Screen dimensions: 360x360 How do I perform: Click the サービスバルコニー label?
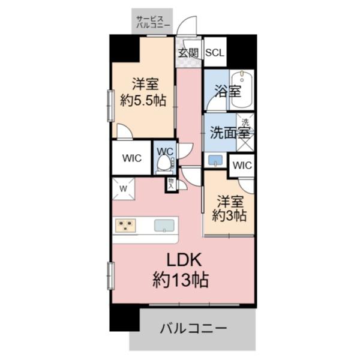click(x=153, y=22)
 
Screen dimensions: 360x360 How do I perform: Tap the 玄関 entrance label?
click(x=188, y=52)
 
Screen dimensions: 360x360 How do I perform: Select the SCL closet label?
click(x=214, y=52)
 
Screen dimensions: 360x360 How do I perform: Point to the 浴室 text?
click(x=228, y=92)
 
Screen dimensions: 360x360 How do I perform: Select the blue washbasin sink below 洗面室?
click(x=215, y=160)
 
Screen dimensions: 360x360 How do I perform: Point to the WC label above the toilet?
click(x=165, y=149)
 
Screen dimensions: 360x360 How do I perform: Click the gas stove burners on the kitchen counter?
click(x=126, y=226)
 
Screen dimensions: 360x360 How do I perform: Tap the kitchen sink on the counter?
click(x=164, y=226)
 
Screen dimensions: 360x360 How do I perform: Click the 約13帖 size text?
click(x=184, y=280)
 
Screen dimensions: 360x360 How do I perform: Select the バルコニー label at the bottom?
click(x=193, y=329)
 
